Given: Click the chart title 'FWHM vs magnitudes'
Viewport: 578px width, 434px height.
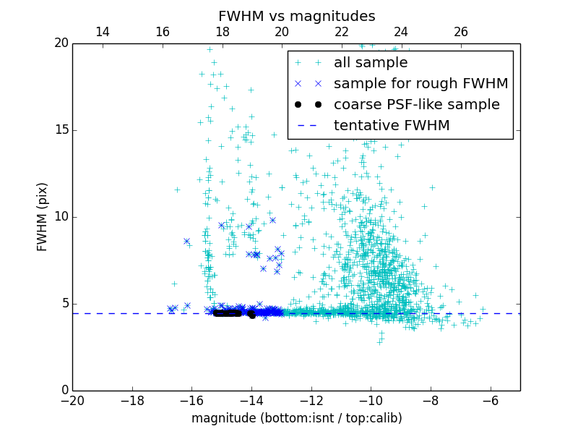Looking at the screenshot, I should click(x=296, y=16).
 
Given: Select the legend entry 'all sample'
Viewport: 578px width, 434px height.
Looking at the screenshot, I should click(x=371, y=63).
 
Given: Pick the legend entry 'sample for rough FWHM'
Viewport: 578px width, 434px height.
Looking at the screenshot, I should click(x=420, y=84).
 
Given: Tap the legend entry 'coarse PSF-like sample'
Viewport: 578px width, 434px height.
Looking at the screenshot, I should click(x=416, y=105).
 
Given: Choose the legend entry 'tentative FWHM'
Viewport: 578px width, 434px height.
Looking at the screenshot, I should click(x=392, y=126).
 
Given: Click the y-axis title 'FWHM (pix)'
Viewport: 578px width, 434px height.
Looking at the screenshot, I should click(x=43, y=217).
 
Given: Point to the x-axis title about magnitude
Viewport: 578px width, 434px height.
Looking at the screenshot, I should click(x=296, y=418).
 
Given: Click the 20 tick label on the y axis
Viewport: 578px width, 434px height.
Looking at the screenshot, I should click(x=61, y=43).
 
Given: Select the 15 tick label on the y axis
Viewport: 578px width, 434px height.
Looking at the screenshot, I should click(x=61, y=130).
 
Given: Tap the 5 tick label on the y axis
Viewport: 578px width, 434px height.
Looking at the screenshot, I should click(x=64, y=304).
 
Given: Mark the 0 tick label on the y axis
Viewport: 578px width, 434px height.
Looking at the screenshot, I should click(x=64, y=391).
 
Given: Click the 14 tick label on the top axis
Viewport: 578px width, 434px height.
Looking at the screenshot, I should click(x=103, y=32).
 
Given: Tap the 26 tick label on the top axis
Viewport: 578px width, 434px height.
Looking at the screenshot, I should click(x=461, y=32).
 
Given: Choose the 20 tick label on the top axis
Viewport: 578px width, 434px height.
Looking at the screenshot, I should click(x=282, y=32).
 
